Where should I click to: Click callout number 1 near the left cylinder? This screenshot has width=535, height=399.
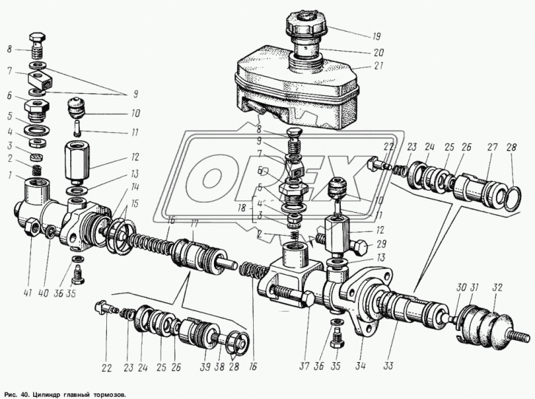pos(10,174)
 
